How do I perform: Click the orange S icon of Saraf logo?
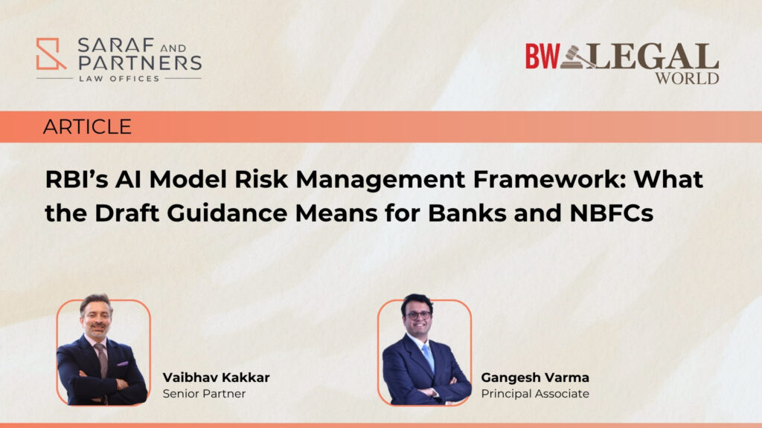51,53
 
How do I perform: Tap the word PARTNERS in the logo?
140,62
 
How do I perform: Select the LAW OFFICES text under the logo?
119,79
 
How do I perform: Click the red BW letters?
542,56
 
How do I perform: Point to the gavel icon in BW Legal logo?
577,56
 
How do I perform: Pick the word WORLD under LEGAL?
687,78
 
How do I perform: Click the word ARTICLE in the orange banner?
87,126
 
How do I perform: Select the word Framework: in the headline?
549,179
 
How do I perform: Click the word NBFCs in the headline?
612,213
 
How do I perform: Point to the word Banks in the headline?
467,213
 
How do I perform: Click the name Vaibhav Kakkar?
216,377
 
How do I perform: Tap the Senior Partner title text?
204,394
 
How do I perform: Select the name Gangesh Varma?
535,377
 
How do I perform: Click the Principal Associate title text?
535,394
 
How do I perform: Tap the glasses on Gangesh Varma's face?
418,315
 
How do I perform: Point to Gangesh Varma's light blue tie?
428,357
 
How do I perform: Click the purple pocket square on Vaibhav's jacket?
123,363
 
